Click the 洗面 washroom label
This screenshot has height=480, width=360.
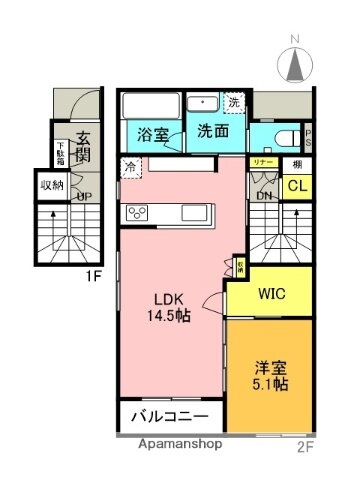pyautogui.click(x=211, y=130)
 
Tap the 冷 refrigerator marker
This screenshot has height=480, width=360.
pyautogui.click(x=130, y=169)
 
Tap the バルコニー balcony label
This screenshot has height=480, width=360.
pyautogui.click(x=168, y=415)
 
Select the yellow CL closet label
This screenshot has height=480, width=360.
pyautogui.click(x=297, y=186)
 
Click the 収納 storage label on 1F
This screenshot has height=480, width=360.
pyautogui.click(x=52, y=185)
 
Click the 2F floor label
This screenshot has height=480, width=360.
pyautogui.click(x=305, y=447)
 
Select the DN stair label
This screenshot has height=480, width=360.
pyautogui.click(x=264, y=196)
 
